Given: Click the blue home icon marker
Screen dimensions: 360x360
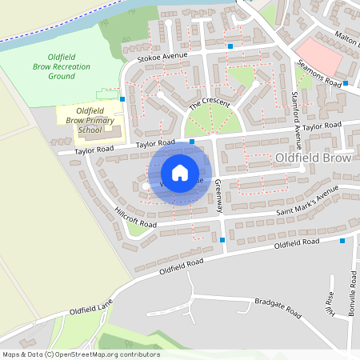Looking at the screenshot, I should pyautogui.click(x=180, y=173).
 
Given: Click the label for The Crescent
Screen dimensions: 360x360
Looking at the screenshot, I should pyautogui.click(x=209, y=105).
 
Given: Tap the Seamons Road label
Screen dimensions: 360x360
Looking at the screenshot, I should pyautogui.click(x=319, y=74).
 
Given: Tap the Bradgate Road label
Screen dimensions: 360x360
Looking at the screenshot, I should pyautogui.click(x=277, y=306).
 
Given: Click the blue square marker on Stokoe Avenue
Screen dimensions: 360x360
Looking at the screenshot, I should pyautogui.click(x=230, y=46).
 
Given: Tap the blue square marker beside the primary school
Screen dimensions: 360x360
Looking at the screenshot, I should pyautogui.click(x=122, y=99).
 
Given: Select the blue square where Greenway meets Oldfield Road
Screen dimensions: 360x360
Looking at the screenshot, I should pyautogui.click(x=222, y=239).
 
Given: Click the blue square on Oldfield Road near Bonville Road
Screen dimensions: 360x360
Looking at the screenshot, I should pyautogui.click(x=342, y=240).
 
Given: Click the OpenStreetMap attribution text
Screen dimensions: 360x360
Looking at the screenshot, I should pyautogui.click(x=80, y=354).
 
